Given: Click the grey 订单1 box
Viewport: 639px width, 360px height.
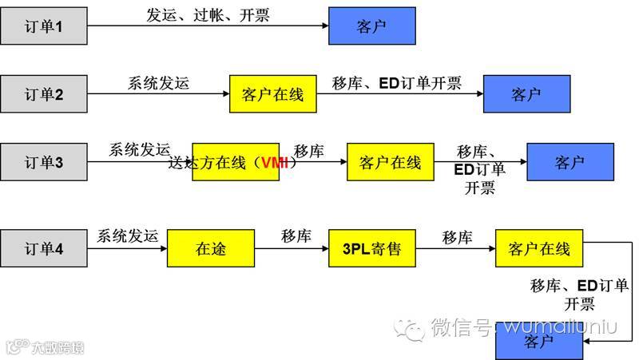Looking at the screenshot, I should pos(43,27).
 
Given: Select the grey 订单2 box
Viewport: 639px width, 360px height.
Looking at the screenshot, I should pos(43,95).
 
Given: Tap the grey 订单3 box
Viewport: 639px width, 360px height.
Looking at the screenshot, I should pos(43,163).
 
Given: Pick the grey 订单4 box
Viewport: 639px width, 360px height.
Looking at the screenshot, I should pos(43,248).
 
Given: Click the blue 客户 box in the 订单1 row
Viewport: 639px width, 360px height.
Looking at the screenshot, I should pos(371,27).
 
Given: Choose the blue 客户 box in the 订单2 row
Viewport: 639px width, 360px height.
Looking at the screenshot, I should pos(526,95).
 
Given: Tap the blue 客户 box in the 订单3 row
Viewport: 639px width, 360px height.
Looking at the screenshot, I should pos(570,163).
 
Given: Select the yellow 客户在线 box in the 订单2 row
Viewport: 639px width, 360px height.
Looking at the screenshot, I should pos(272,95).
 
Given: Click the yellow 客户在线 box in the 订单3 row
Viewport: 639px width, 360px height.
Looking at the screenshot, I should pos(390,163).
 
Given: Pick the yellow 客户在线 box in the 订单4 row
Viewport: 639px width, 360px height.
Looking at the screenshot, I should pos(539,248).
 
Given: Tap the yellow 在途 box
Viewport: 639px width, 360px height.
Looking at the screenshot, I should pos(211,248).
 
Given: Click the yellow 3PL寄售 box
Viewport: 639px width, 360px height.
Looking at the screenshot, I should pos(373,248).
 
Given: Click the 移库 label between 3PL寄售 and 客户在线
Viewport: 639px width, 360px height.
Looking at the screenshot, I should pos(457,237).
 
